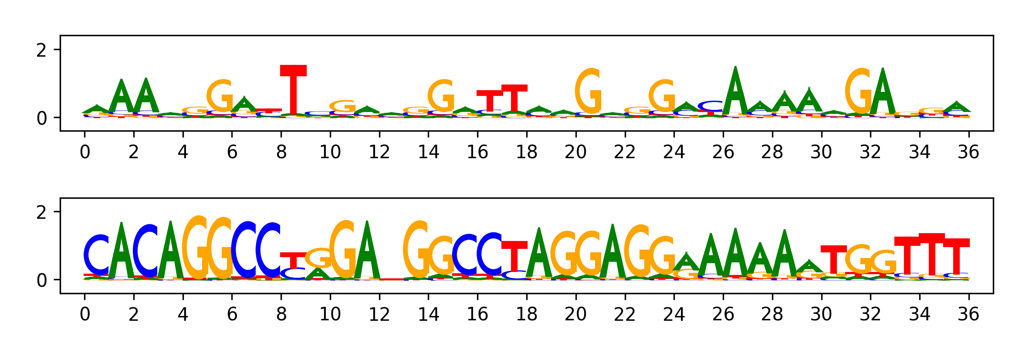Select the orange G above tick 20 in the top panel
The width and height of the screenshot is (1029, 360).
pos(589,92)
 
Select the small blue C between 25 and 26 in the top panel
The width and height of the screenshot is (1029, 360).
pos(711,106)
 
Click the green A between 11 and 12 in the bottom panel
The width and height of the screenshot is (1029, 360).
pos(367,251)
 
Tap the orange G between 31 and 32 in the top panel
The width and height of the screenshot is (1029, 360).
pos(859,92)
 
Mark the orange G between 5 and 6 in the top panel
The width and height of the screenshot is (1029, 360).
pos(220,96)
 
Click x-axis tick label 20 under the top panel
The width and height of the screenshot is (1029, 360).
pos(575,152)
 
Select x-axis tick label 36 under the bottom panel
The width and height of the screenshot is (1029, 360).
pos(968,314)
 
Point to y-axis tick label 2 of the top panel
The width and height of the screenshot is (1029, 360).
pos(41,51)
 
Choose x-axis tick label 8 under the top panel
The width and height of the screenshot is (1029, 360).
pos(281,152)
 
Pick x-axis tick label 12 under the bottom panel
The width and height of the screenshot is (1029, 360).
pos(379,314)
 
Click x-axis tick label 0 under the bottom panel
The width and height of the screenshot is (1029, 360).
pos(85,314)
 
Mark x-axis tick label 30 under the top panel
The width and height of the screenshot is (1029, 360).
pos(821,152)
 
